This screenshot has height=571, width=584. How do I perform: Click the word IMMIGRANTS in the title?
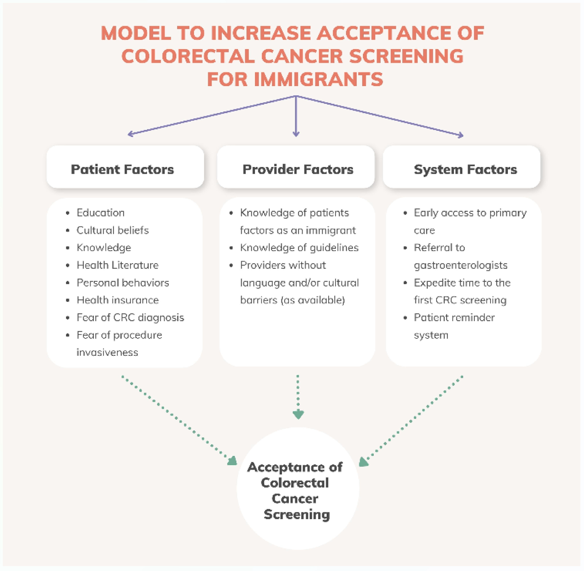pos(319,79)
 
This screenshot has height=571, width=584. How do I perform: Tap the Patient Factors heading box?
pos(125,167)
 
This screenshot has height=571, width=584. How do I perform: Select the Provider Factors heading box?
pos(296,167)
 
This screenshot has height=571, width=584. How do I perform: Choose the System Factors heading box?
pos(461,167)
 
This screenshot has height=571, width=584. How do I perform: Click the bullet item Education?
pos(101,213)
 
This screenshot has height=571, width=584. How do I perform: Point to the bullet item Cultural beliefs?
pos(113,230)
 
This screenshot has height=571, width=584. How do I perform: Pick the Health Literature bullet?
pos(118,265)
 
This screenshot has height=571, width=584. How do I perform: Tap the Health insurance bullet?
pos(118,300)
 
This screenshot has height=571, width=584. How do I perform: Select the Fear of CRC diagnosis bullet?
pos(130,317)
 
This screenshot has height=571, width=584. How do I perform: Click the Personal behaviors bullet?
pos(123,283)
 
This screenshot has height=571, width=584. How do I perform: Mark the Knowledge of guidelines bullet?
pos(299,248)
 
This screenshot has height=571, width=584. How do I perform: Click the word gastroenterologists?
pos(460,265)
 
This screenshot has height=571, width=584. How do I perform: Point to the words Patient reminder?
pos(454,317)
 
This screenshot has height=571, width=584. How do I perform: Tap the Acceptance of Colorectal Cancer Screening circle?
pos(298,488)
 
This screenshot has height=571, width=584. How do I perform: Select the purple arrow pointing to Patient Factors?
pos(212,115)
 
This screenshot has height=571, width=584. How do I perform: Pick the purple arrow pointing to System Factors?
pos(380,116)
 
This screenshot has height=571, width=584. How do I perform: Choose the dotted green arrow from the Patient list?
pos(179,421)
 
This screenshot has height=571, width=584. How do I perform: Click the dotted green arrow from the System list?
pos(411,421)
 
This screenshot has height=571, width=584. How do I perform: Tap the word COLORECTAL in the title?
pos(188,56)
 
